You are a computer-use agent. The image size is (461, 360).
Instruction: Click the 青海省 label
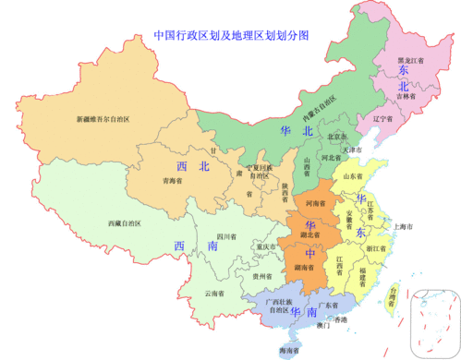point(176,182)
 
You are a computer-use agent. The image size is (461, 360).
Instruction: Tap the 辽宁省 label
point(382,119)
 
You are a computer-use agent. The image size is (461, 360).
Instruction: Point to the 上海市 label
point(402,226)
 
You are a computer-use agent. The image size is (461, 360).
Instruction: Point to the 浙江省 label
point(375,248)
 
